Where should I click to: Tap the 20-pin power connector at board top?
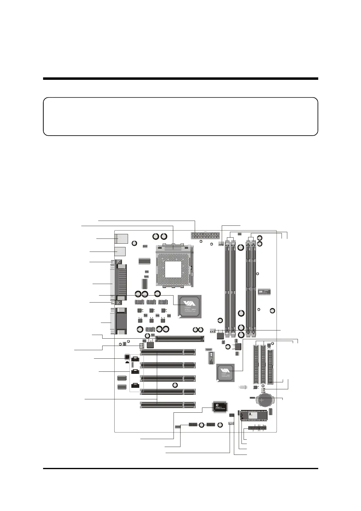point(205,235)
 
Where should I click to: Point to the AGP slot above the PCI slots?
point(180,338)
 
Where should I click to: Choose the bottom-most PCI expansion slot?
point(168,404)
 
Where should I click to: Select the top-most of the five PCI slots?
point(168,352)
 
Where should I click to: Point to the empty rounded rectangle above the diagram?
point(180,116)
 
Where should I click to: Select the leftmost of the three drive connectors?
point(256,364)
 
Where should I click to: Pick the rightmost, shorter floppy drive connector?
point(271,367)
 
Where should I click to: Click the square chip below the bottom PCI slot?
point(219,407)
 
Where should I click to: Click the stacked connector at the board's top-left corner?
point(122,239)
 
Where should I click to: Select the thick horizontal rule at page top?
point(180,79)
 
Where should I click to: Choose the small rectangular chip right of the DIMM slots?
point(264,292)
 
